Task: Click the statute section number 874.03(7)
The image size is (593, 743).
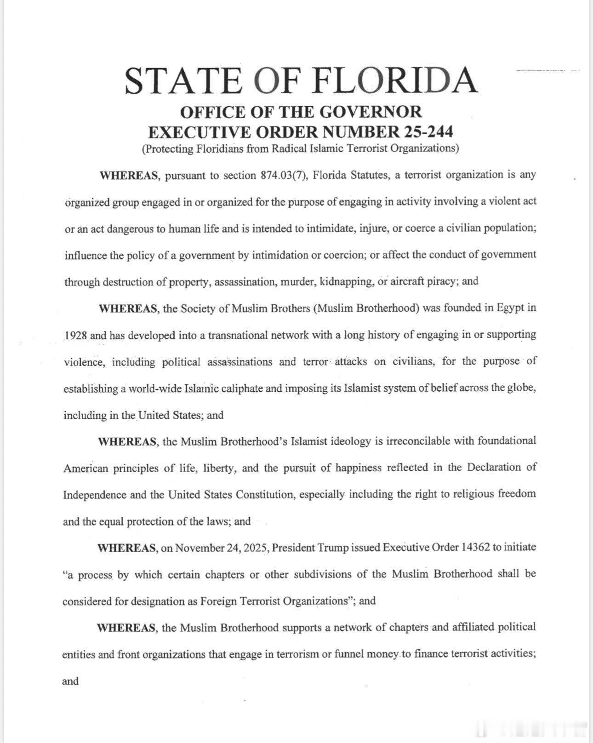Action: pos(284,175)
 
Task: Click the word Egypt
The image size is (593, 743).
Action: pos(510,308)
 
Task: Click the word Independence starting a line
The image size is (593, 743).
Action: pos(95,495)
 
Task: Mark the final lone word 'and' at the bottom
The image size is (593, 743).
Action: pos(70,681)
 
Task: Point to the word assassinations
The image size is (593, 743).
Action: pos(240,362)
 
